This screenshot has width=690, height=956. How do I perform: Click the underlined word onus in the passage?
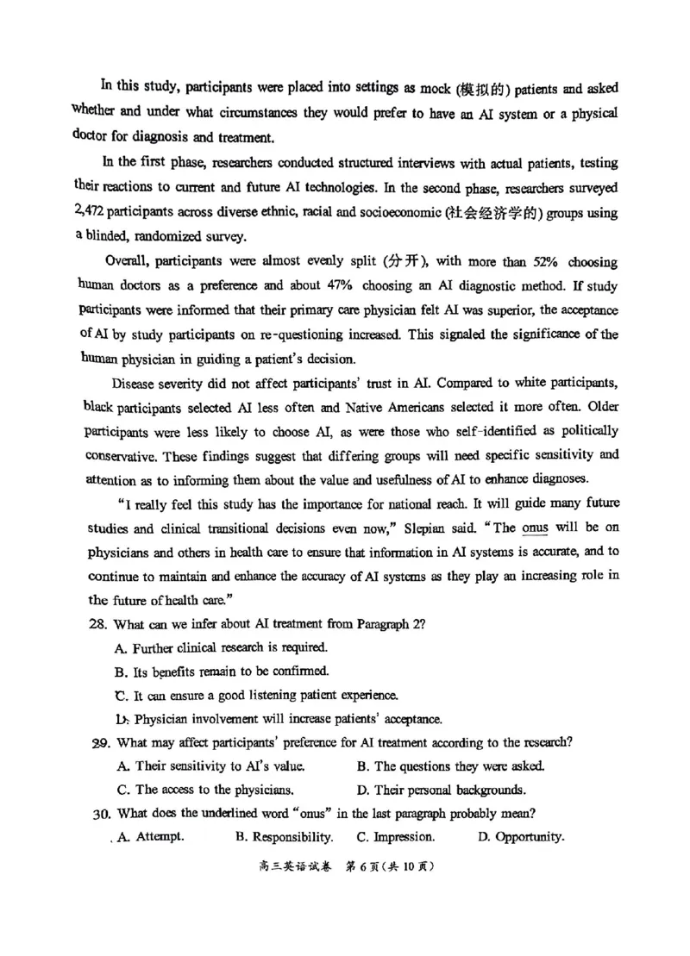[536, 528]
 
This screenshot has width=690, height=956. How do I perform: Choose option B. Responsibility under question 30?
[284, 836]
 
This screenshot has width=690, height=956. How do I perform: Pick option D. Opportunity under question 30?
[521, 836]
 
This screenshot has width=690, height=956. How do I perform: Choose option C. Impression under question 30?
[395, 836]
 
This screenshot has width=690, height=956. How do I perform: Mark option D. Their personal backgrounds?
[441, 789]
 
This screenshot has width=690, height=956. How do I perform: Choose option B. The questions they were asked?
[449, 765]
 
